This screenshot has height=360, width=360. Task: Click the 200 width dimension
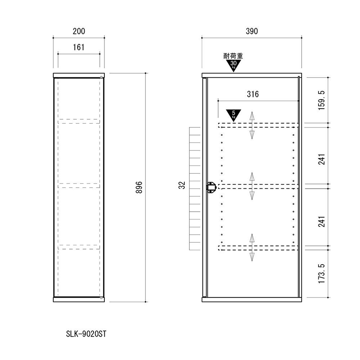[x=79, y=31]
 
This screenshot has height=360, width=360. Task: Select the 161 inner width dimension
[x=78, y=47]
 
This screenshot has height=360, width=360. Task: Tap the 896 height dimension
[x=139, y=187]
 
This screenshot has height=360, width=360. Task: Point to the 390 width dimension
[x=252, y=31]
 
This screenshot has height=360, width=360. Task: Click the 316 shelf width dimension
[x=253, y=94]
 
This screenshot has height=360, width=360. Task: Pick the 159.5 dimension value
[x=321, y=100]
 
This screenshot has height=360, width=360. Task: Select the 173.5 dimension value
[x=321, y=274]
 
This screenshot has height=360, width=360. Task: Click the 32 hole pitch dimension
[x=181, y=185]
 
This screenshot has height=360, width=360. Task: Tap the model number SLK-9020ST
[x=86, y=334]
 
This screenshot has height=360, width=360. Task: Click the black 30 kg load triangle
[x=233, y=65]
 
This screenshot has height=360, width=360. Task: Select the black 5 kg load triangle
[x=234, y=114]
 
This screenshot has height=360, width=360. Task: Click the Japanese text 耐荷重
[x=233, y=56]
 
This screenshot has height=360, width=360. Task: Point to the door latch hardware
[x=211, y=187]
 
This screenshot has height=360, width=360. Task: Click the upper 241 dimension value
[x=321, y=159]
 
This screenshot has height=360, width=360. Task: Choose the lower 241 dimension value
[x=321, y=221]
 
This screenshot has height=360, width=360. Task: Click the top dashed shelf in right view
[x=258, y=125]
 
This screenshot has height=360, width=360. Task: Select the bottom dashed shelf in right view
[x=258, y=248]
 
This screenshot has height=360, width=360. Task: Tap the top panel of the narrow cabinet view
[x=79, y=75]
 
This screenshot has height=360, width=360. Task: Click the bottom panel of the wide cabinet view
[x=252, y=300]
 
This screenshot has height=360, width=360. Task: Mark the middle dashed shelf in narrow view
[x=79, y=185]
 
